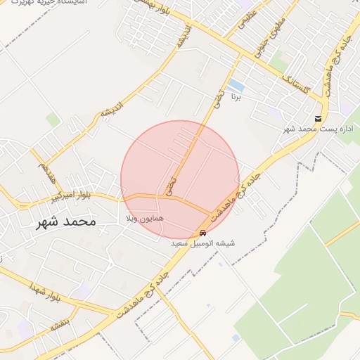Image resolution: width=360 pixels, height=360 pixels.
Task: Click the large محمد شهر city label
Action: pyautogui.click(x=65, y=222)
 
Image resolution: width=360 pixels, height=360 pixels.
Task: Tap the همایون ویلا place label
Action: pyautogui.click(x=145, y=219)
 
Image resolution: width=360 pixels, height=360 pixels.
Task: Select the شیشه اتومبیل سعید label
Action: pyautogui.click(x=203, y=243)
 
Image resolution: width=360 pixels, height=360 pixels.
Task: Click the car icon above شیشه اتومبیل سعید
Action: pyautogui.click(x=203, y=233)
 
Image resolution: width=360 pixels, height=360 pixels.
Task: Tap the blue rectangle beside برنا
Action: pyautogui.click(x=236, y=86)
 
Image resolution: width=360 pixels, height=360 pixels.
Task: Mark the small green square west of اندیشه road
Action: pyautogui.click(x=53, y=120)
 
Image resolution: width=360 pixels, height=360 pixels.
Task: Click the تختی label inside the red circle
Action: pyautogui.click(x=172, y=185)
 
